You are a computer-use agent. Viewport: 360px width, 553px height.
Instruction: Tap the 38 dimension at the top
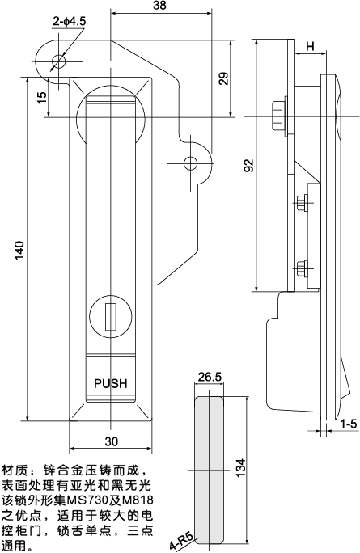(x=159, y=6)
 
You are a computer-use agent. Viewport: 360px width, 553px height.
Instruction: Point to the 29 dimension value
(x=223, y=78)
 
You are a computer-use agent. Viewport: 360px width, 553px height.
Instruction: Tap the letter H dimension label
(x=310, y=47)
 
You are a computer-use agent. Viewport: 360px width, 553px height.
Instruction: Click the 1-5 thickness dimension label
(x=348, y=423)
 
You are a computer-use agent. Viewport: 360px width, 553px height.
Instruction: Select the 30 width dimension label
(x=111, y=441)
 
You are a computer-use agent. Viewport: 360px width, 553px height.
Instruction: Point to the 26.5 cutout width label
(x=210, y=377)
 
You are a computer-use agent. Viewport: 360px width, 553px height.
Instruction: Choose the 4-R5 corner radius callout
(x=180, y=539)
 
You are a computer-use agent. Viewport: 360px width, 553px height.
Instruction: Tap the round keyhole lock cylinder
(x=110, y=315)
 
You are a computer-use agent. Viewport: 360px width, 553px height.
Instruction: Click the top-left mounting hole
(x=57, y=61)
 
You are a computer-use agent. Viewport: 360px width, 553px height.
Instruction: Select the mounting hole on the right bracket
(x=190, y=163)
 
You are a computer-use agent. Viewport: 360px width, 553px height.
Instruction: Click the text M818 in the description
(x=134, y=500)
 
